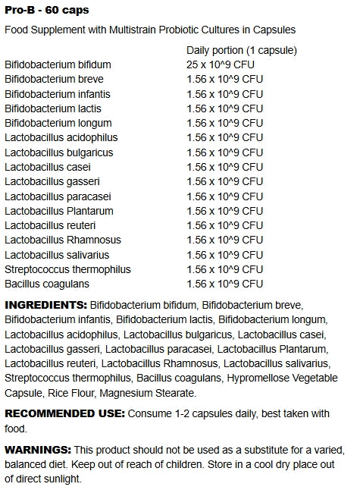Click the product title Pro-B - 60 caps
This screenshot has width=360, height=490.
pos(47,10)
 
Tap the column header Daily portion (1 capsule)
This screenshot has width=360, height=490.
pos(242,50)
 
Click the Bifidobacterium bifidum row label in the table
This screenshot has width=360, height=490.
pos(58,64)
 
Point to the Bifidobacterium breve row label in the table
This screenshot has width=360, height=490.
pos(54,79)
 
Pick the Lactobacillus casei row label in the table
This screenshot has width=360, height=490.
pos(47,167)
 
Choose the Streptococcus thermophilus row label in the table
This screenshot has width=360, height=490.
pos(67,269)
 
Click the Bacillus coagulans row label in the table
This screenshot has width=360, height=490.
pos(47,284)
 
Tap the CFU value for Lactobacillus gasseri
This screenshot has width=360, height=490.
pos(225,181)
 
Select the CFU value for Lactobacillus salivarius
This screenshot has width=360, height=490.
pos(225,255)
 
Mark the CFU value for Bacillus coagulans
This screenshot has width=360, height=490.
pos(225,284)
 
